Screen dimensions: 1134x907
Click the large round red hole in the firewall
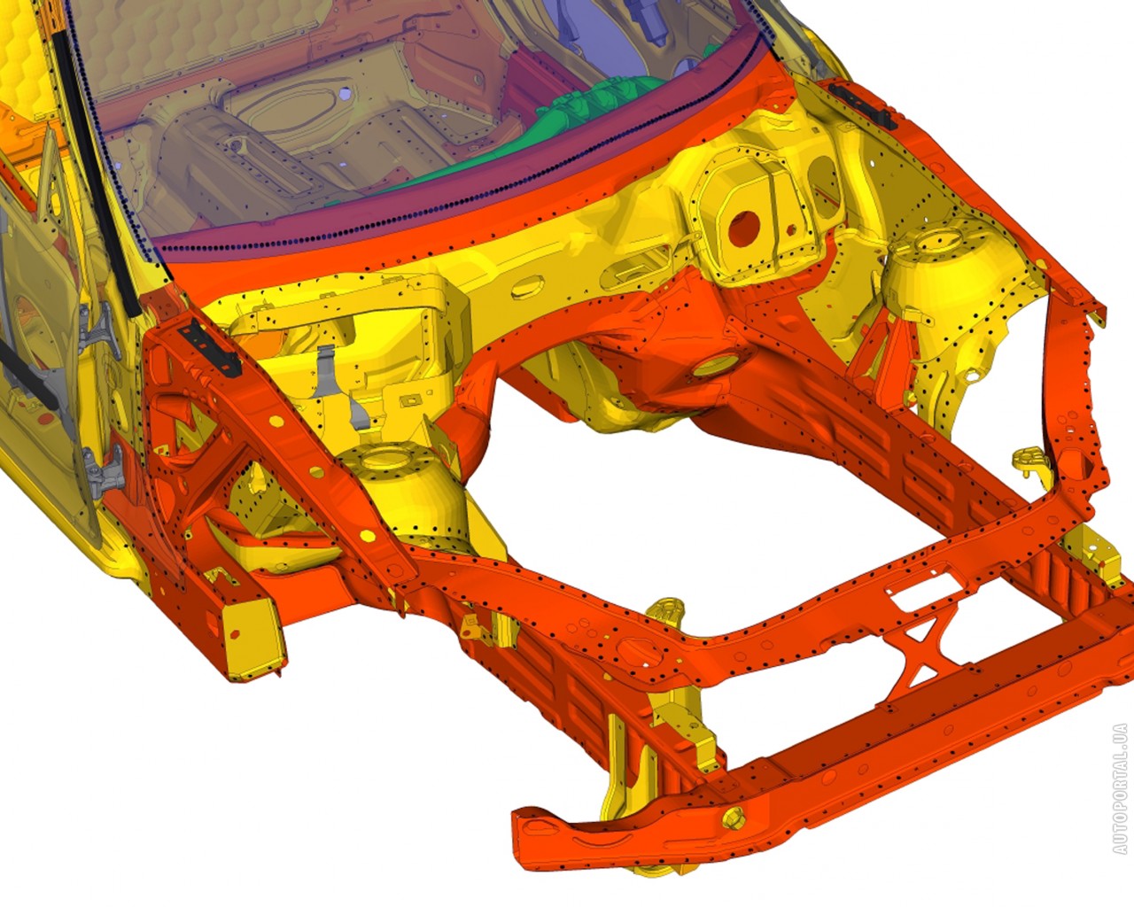tap(743, 229)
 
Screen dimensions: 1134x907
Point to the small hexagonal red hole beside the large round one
tap(791, 229)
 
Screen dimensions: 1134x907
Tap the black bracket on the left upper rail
tap(209, 348)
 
